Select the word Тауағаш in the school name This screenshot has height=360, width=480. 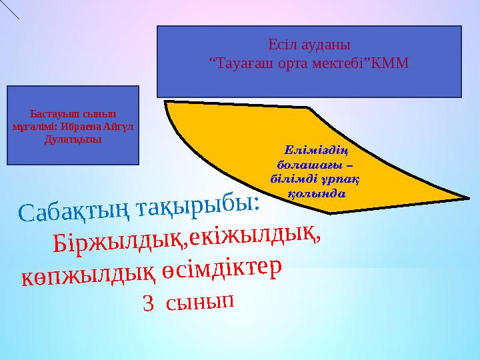(245, 63)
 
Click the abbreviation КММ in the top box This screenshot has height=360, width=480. (391, 63)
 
